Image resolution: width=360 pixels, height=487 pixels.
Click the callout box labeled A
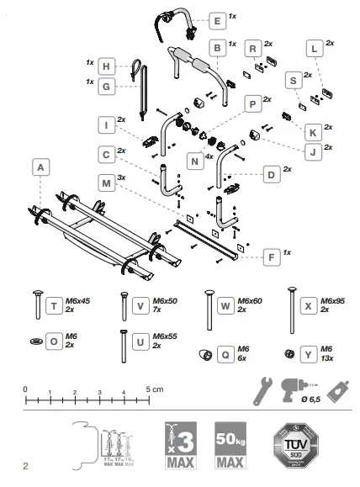[39, 168]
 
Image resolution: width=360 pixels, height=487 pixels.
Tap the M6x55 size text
[148, 339]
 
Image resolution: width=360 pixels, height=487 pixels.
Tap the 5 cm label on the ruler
[152, 389]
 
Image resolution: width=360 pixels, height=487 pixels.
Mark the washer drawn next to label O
[36, 341]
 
